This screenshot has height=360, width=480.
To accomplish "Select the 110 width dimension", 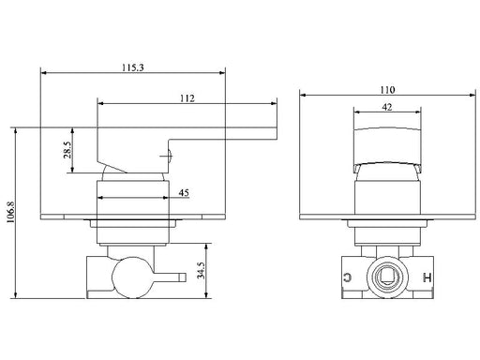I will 386,89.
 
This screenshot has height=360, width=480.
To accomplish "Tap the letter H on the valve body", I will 428,277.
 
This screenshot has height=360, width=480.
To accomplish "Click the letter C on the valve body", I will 348,277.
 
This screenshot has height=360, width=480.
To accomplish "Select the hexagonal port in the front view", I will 387,275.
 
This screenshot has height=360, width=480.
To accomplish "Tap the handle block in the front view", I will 387,142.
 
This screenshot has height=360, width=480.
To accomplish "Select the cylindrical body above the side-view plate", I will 132,200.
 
